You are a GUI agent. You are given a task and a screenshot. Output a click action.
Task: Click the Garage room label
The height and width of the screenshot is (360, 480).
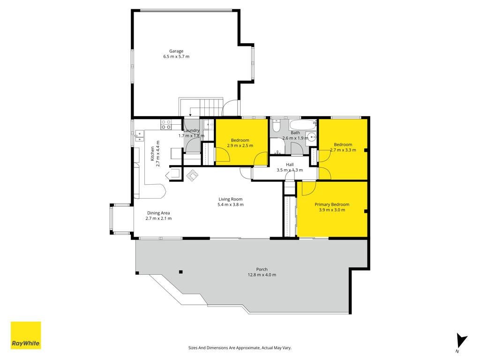point(176,51)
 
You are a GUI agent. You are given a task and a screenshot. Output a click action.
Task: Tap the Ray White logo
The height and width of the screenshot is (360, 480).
point(26,335)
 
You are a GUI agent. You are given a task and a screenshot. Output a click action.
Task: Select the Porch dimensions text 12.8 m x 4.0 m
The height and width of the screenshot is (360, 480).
point(262,275)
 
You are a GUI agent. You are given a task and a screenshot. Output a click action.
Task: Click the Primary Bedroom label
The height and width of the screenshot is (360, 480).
point(332,204)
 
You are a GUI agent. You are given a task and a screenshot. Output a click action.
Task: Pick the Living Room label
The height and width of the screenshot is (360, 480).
point(231,199)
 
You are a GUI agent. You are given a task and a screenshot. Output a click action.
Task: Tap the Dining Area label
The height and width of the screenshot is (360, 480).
point(158,213)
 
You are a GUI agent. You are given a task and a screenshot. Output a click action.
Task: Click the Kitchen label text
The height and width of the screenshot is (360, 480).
point(152,154)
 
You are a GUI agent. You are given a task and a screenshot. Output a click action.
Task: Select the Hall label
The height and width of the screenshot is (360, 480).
point(290,165)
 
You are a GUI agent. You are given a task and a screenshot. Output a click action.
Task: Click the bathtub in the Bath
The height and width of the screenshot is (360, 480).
point(302,125)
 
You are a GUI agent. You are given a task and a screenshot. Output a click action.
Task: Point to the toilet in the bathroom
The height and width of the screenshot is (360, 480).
point(276,126)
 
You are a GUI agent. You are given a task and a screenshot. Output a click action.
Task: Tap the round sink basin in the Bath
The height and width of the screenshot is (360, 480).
point(312,137)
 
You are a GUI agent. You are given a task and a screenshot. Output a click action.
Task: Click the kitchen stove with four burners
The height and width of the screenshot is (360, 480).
point(166,124)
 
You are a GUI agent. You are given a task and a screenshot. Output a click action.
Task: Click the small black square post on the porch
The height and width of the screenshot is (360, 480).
point(181,272)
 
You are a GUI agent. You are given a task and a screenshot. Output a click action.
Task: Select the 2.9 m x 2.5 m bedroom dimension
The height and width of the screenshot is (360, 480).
point(240,146)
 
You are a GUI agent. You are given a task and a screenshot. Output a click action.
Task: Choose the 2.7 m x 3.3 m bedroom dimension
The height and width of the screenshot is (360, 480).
point(343,150)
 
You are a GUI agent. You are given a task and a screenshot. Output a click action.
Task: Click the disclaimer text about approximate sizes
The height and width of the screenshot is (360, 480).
point(240,348)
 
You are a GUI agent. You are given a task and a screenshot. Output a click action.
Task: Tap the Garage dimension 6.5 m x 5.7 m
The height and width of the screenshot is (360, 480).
point(176,57)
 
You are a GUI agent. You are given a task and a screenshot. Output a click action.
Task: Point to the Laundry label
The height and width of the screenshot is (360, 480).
point(191,130)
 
